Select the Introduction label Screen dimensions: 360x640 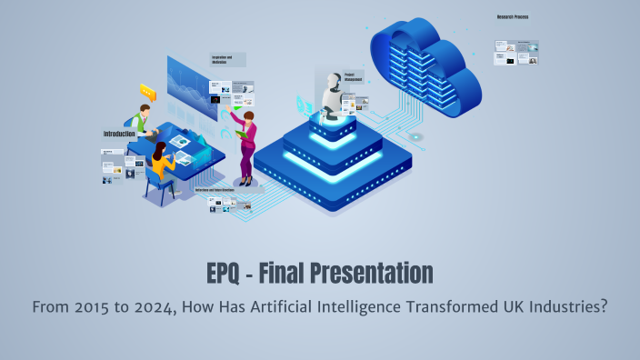(119, 134)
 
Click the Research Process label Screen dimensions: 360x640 (513, 16)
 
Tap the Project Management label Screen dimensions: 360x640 (354, 76)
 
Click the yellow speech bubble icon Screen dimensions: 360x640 (147, 91)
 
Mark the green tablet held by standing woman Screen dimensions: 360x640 (242, 135)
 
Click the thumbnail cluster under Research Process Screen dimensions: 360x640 (516, 52)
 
